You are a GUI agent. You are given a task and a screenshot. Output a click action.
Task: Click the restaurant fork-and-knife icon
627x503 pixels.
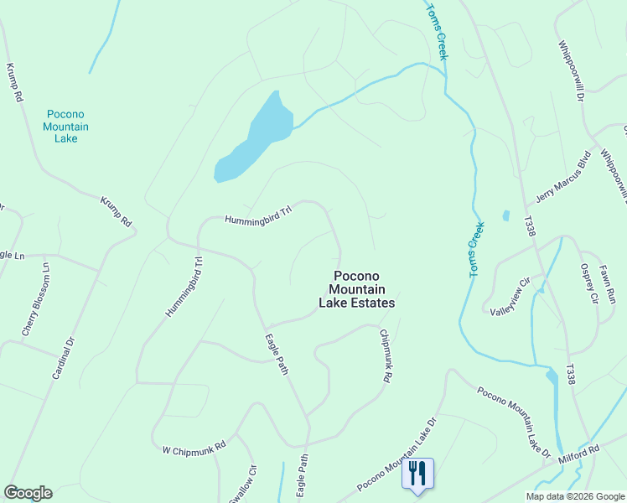[x=417, y=474]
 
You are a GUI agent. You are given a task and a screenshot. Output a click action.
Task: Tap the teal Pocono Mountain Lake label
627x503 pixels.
[x=66, y=126]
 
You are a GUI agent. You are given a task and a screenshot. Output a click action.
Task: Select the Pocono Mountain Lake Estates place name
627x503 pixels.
[x=356, y=289]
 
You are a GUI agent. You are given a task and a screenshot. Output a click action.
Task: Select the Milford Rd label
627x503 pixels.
[x=581, y=450]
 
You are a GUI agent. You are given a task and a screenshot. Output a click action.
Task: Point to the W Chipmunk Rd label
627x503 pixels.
[x=194, y=449]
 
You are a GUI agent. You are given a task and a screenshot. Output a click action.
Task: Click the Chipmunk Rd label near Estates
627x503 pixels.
[x=385, y=356]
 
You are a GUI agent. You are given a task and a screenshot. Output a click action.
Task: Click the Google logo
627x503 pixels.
[x=28, y=493]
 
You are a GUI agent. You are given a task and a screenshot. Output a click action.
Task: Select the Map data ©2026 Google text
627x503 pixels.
[x=574, y=496]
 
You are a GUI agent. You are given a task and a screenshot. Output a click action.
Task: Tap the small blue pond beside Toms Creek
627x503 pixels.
[x=505, y=215]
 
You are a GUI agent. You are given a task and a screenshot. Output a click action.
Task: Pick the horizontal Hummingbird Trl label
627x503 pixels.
[x=257, y=215]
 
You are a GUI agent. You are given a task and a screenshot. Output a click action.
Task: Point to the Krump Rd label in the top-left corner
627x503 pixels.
[x=14, y=82]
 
